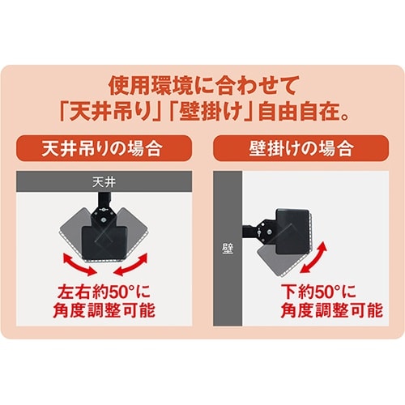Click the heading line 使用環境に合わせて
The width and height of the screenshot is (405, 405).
pyautogui.click(x=202, y=84)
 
